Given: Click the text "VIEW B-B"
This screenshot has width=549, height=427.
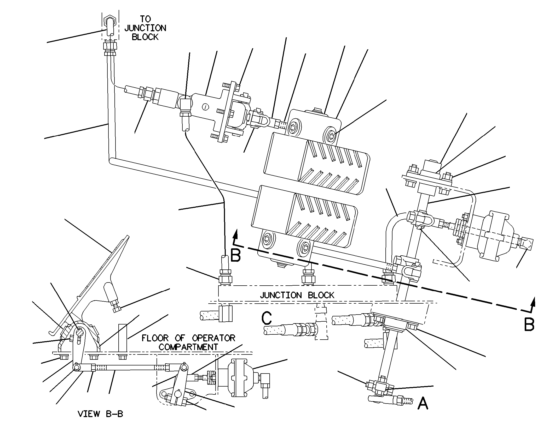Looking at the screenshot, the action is [x=100, y=414].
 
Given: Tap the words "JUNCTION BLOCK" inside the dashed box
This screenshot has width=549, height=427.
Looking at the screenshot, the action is [x=297, y=295].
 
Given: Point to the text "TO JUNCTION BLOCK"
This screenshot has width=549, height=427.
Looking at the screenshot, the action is [x=145, y=28].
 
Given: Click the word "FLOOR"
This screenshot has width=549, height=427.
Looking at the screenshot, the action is [x=155, y=338].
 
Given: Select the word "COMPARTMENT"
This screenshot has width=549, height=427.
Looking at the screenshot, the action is [x=188, y=347].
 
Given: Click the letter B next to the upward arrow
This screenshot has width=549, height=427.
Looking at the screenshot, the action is [x=236, y=255].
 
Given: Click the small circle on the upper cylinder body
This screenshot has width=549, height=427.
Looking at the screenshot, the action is [x=206, y=106].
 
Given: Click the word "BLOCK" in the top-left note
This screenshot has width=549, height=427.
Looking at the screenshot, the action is [x=145, y=37].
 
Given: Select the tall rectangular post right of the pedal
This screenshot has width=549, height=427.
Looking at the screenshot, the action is [x=123, y=338].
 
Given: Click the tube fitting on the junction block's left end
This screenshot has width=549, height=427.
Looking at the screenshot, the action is [x=226, y=277].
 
